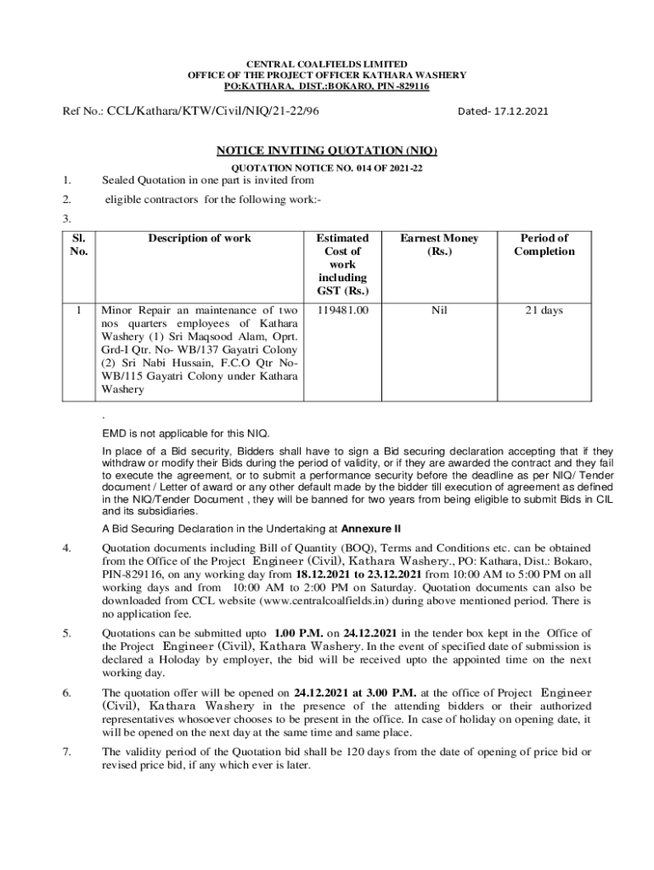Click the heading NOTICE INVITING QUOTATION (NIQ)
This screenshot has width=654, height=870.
(327, 150)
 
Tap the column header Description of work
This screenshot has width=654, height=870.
(200, 239)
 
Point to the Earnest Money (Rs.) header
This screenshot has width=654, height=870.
(439, 245)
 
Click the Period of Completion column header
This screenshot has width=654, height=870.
(544, 245)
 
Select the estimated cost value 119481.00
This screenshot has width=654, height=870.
(341, 311)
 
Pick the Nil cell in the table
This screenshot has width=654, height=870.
(439, 311)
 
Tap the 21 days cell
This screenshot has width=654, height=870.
(544, 311)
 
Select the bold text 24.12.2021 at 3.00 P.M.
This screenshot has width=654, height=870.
(354, 692)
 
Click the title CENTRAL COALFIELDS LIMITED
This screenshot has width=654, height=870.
(327, 65)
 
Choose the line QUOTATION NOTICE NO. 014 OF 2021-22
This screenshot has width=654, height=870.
(327, 168)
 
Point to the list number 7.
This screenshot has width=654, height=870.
(66, 752)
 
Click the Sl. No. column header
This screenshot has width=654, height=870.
(78, 245)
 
